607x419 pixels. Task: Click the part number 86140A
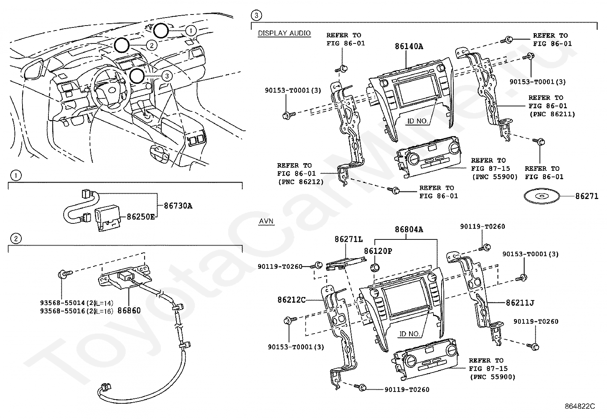pyautogui.click(x=409, y=47)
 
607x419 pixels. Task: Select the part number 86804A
pyautogui.click(x=409, y=230)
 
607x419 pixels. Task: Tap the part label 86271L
pyautogui.click(x=348, y=239)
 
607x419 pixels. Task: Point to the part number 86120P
pyautogui.click(x=378, y=251)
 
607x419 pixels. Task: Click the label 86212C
pyautogui.click(x=292, y=300)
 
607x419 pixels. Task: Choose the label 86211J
pyautogui.click(x=520, y=303)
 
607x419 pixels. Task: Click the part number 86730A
pyautogui.click(x=178, y=206)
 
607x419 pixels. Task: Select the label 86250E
pyautogui.click(x=141, y=217)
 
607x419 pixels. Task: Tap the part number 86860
pyautogui.click(x=129, y=311)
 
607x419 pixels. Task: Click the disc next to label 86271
pyautogui.click(x=542, y=196)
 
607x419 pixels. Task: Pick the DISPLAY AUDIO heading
pyautogui.click(x=284, y=33)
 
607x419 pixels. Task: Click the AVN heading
pyautogui.click(x=266, y=221)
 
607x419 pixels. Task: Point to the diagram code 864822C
pyautogui.click(x=580, y=406)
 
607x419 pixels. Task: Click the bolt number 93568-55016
pyautogui.click(x=63, y=311)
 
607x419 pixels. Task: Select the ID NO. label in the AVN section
pyautogui.click(x=409, y=334)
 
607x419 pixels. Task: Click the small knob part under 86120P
pyautogui.click(x=375, y=268)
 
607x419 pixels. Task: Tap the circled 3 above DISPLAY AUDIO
pyautogui.click(x=256, y=16)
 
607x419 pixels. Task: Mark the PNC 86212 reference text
pyautogui.click(x=301, y=182)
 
